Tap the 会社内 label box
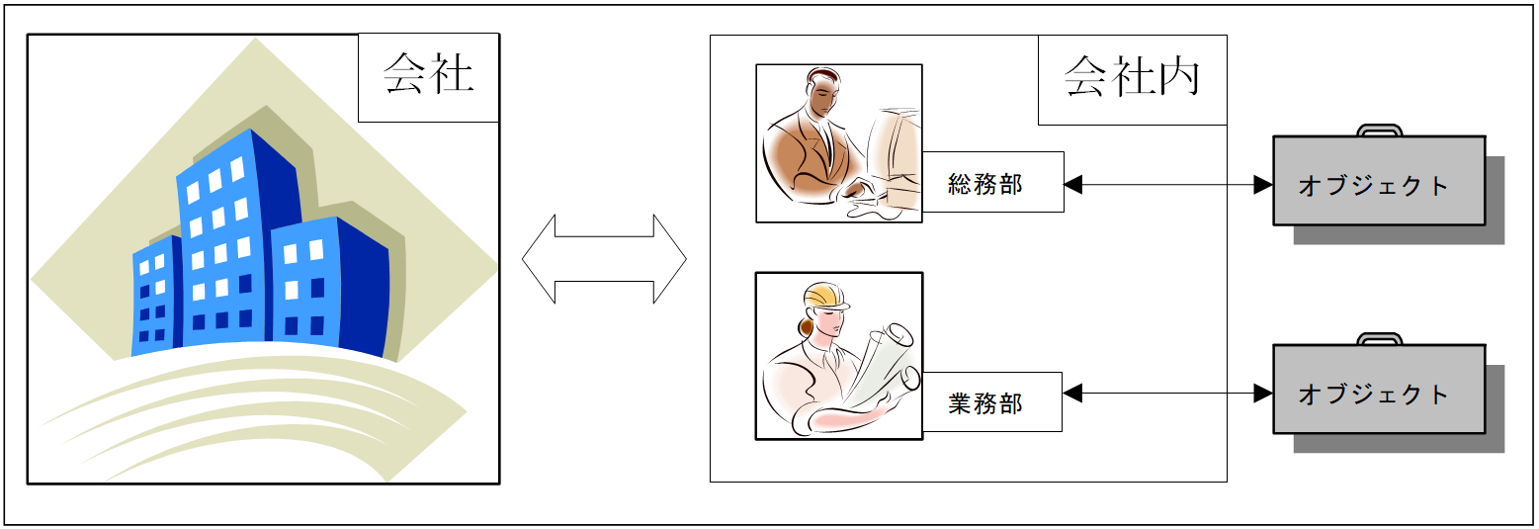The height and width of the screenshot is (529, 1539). click(x=1133, y=80)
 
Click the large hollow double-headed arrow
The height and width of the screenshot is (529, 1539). click(x=604, y=259)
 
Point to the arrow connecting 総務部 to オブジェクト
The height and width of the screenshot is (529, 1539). click(x=1168, y=185)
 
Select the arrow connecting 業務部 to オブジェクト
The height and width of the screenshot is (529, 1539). click(x=1168, y=393)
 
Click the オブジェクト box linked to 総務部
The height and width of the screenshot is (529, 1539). click(x=1379, y=181)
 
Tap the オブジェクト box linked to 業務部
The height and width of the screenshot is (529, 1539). click(x=1379, y=389)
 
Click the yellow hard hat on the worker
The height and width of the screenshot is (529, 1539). click(x=826, y=296)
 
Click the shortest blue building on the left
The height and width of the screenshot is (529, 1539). click(x=156, y=297)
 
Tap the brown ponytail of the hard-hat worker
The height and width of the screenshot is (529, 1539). click(x=806, y=325)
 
